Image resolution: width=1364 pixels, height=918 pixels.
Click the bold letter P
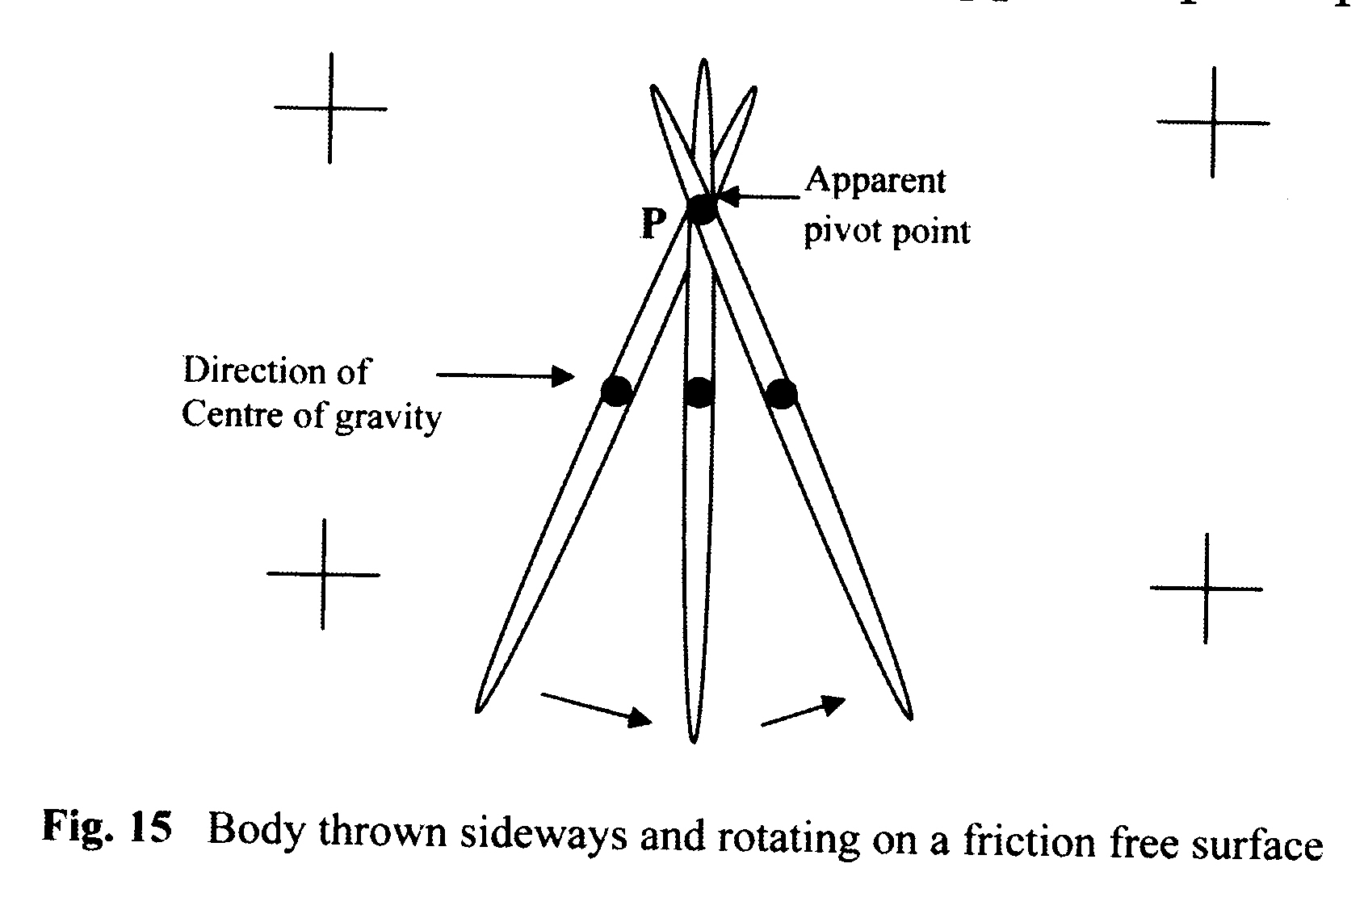[653, 224]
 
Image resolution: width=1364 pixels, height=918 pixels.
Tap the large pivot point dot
[701, 208]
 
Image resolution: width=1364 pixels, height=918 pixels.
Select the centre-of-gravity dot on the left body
[616, 392]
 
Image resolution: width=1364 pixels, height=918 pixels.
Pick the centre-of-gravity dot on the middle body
[699, 393]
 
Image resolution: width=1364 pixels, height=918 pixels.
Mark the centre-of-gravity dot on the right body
[781, 394]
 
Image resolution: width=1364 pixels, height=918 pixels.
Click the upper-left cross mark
[329, 107]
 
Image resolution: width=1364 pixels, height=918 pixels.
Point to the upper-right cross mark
[1212, 123]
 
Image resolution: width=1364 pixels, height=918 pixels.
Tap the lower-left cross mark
[323, 574]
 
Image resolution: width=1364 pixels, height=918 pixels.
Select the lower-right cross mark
[1206, 589]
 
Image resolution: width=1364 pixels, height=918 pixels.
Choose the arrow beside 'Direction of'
[505, 375]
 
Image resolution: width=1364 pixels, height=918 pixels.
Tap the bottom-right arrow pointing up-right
[804, 711]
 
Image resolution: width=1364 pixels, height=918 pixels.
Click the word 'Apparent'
[875, 181]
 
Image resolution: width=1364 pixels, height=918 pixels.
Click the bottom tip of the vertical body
[693, 739]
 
